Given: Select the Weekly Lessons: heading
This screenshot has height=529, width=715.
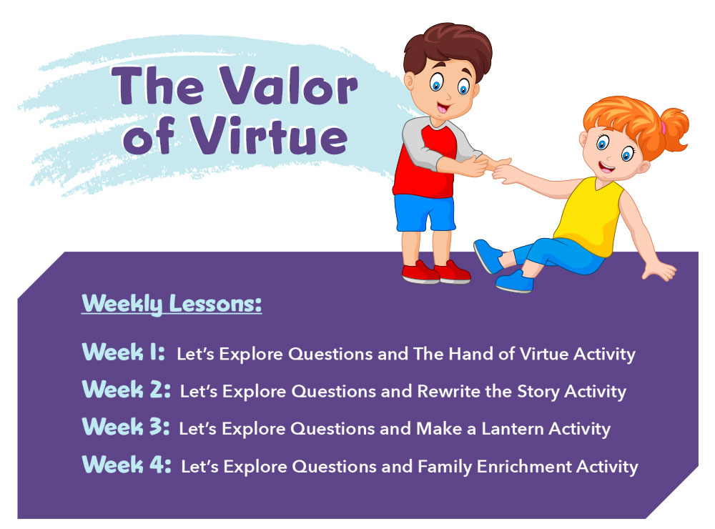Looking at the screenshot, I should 172,304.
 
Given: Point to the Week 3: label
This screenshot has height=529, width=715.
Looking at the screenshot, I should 126,427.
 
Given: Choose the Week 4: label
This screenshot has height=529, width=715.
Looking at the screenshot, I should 127,465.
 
